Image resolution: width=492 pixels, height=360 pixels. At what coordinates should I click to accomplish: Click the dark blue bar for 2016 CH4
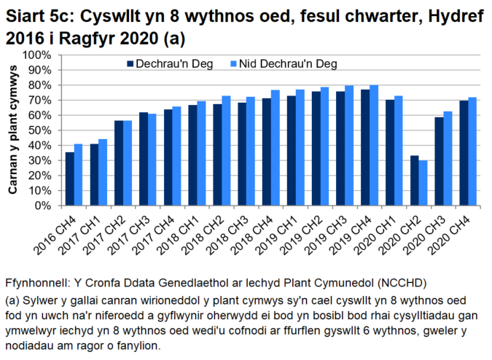(70, 179)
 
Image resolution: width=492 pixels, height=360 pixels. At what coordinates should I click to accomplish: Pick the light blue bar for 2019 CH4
(375, 145)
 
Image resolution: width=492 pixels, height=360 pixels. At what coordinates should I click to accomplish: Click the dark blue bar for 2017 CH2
(119, 163)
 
